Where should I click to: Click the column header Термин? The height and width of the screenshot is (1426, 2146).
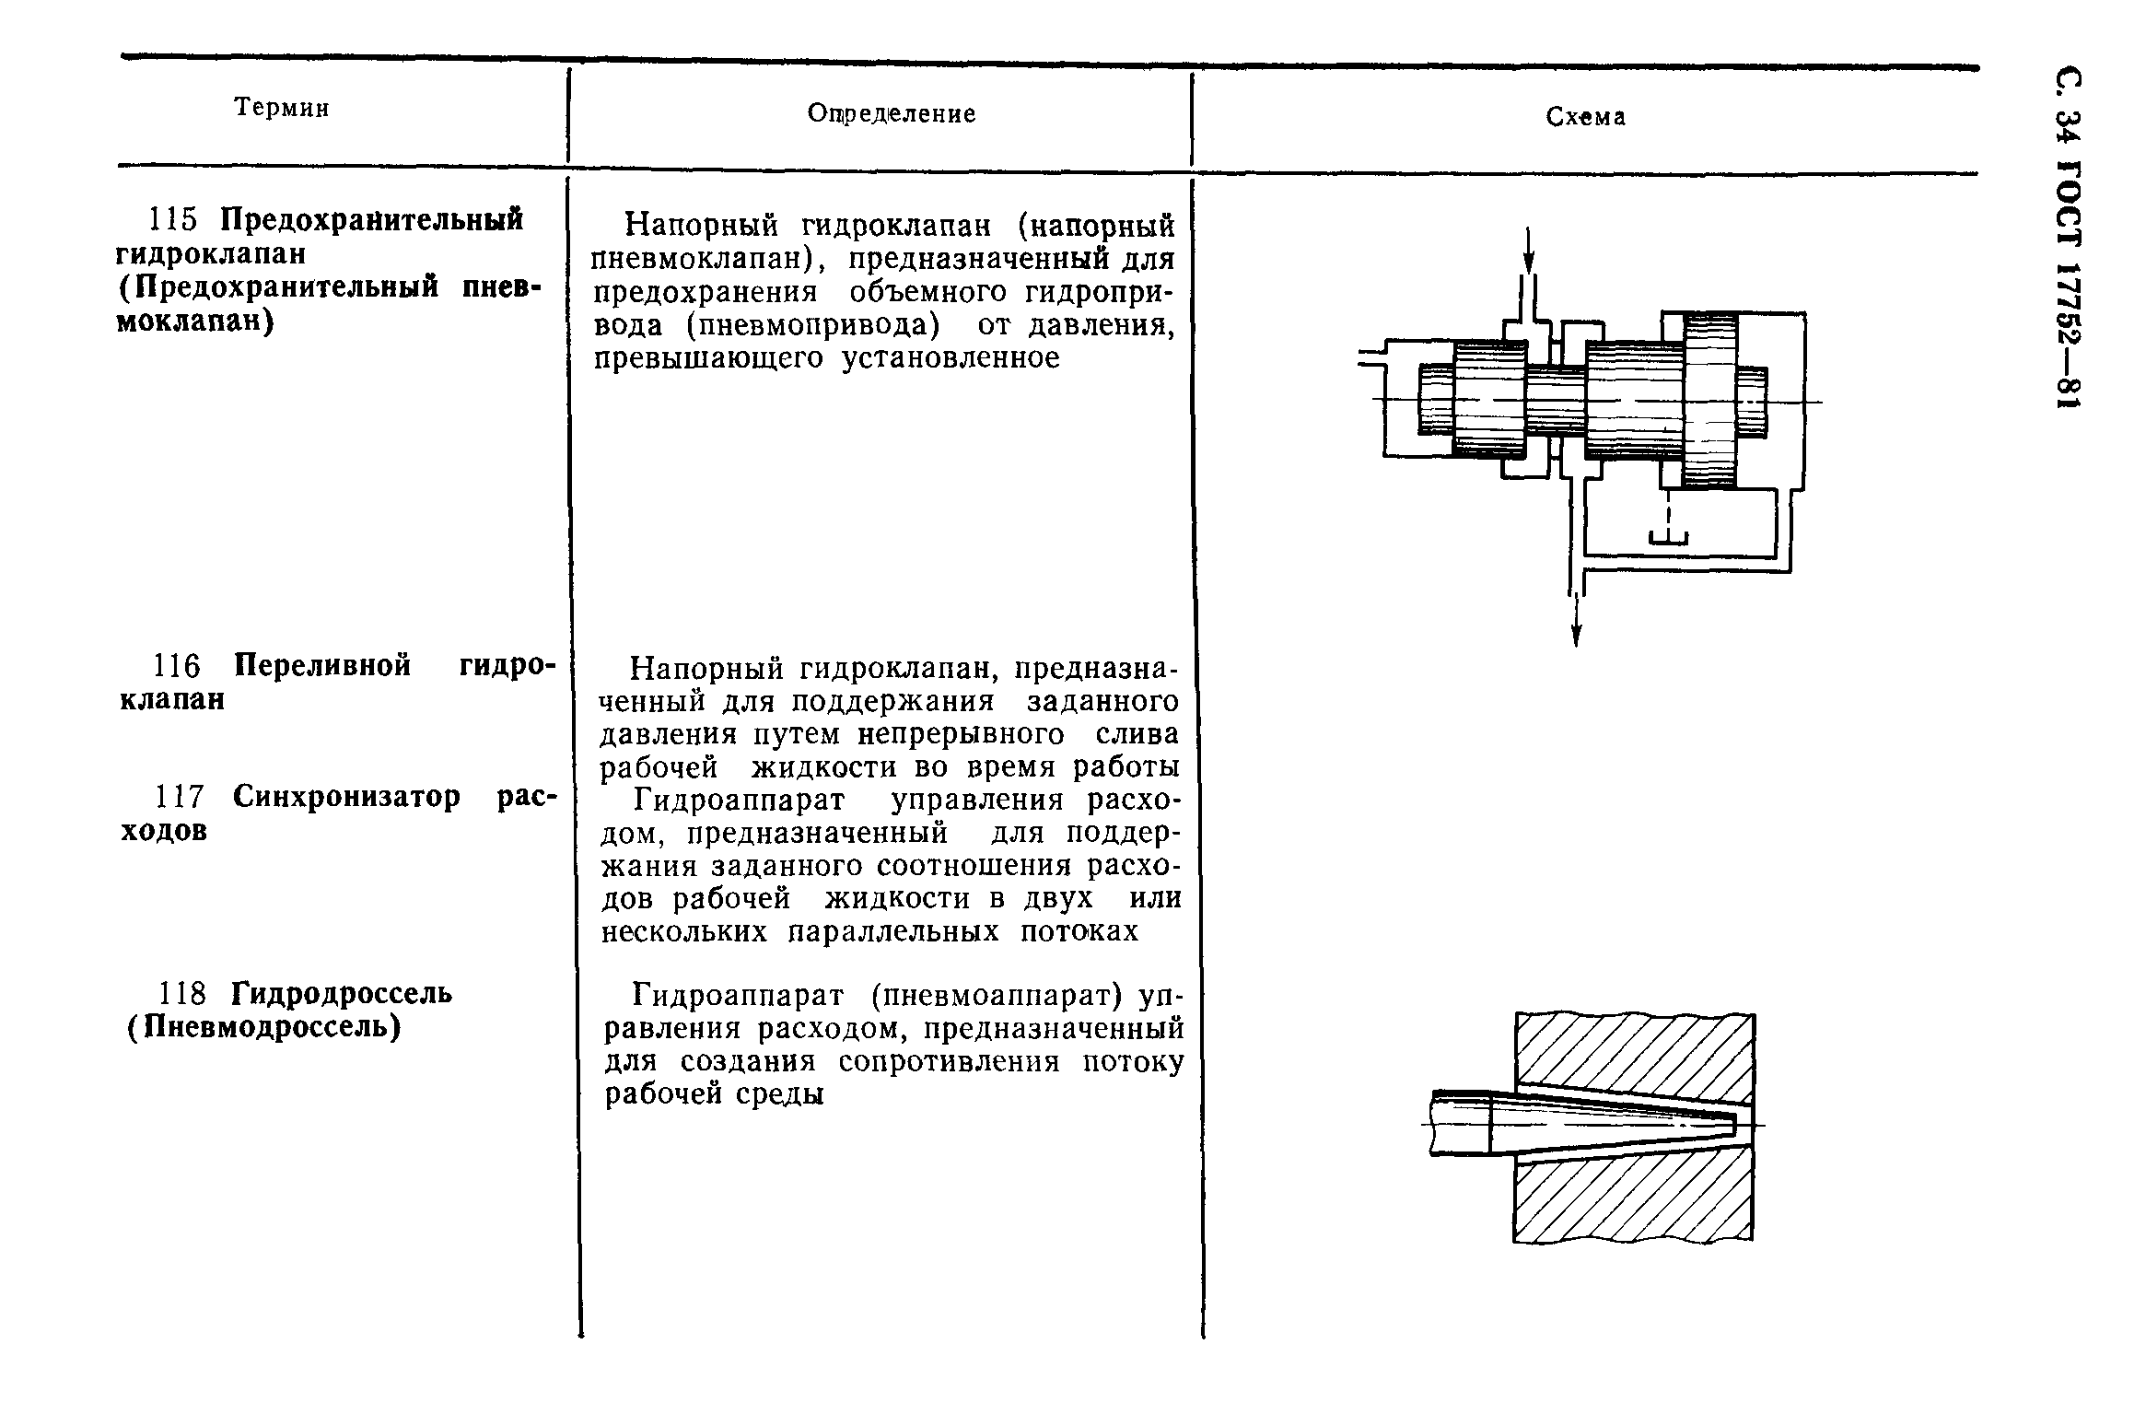click(282, 109)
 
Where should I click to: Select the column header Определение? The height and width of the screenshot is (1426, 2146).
click(891, 113)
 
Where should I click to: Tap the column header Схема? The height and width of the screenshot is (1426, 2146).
click(1585, 117)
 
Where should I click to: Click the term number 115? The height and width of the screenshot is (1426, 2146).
click(173, 220)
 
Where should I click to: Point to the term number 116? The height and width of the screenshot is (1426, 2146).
click(176, 665)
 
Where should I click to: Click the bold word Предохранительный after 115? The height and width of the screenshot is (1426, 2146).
click(371, 220)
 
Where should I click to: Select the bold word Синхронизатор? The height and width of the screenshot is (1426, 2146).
click(346, 797)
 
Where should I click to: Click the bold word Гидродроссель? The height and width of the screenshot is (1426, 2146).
click(342, 994)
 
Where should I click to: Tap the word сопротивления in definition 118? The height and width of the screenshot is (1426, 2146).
click(948, 1062)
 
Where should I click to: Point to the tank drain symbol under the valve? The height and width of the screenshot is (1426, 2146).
click(1668, 538)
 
